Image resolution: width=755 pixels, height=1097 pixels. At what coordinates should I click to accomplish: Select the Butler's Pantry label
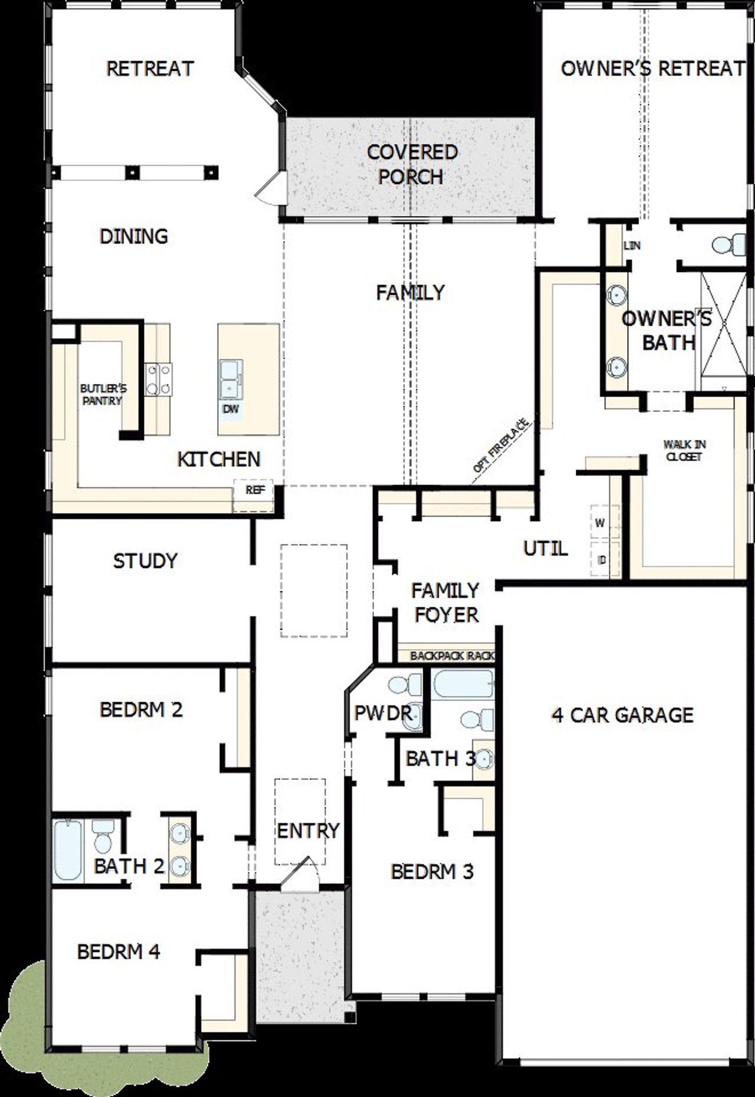(x=103, y=395)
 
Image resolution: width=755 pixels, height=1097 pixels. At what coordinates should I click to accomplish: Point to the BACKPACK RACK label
(x=452, y=656)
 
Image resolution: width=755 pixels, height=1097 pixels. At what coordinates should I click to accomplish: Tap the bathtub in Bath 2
(x=68, y=850)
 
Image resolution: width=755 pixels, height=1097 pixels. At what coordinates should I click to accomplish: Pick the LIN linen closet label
(x=632, y=245)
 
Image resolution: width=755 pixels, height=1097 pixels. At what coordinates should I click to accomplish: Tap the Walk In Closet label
(x=684, y=451)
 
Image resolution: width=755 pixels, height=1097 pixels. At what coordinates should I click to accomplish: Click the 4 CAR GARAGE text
(x=622, y=715)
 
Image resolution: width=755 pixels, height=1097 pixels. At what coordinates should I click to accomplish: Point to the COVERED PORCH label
(x=411, y=164)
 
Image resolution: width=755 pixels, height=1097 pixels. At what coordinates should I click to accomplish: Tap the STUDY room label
(x=145, y=561)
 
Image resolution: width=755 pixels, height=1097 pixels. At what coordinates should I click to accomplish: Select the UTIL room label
(x=546, y=549)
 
